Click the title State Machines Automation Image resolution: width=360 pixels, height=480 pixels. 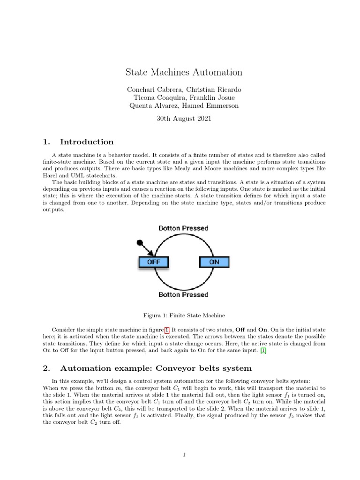coord(184,72)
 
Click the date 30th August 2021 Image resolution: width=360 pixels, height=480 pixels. coord(184,119)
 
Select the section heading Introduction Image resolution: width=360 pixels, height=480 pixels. coord(86,142)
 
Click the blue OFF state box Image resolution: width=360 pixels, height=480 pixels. coord(154,262)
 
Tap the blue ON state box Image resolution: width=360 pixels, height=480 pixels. coord(214,262)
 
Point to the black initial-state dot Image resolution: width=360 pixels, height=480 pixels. coord(139,242)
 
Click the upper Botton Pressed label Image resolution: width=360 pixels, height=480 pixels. coord(183,228)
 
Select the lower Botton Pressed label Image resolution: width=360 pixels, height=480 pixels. coord(183,295)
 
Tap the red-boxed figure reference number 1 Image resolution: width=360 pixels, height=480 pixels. coord(167,330)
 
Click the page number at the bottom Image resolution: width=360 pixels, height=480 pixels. coord(184,455)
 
